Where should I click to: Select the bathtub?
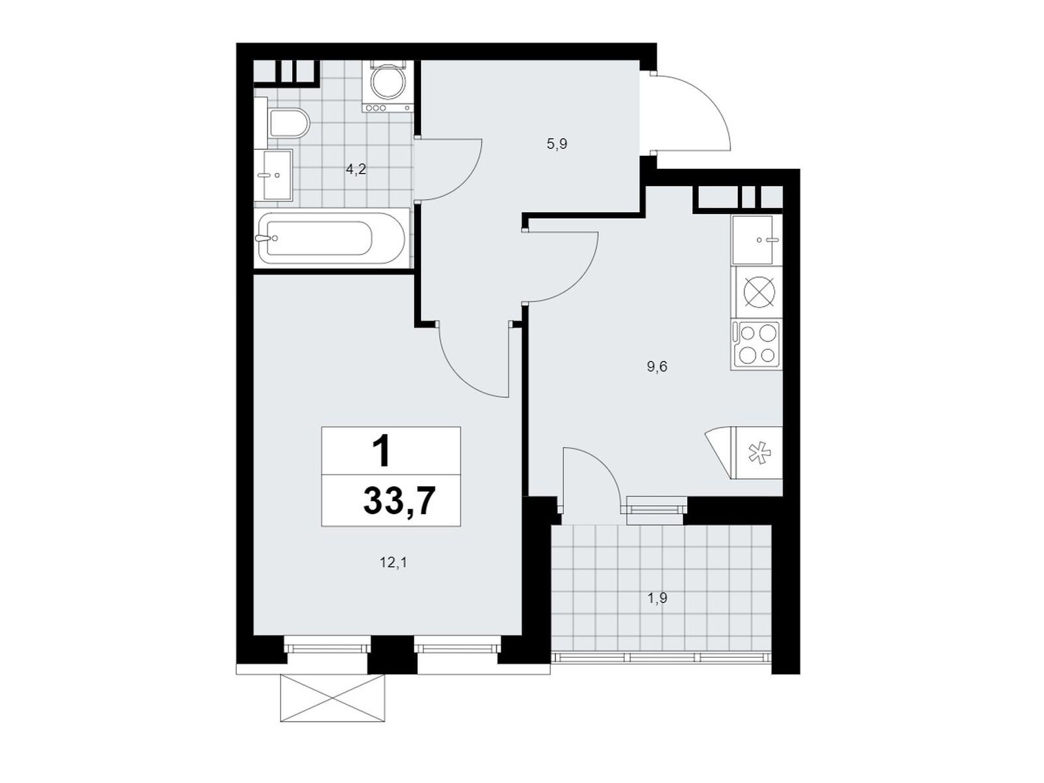pyautogui.click(x=331, y=238)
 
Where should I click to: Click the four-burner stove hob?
pyautogui.click(x=757, y=345)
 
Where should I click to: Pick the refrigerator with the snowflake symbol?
pyautogui.click(x=759, y=453)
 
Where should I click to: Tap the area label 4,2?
pyautogui.click(x=356, y=170)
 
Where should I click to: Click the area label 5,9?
pyautogui.click(x=557, y=144)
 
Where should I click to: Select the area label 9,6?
pyautogui.click(x=657, y=367)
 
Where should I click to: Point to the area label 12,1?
pyautogui.click(x=393, y=562)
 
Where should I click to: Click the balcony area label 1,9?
pyautogui.click(x=657, y=598)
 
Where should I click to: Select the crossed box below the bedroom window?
pyautogui.click(x=332, y=698)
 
